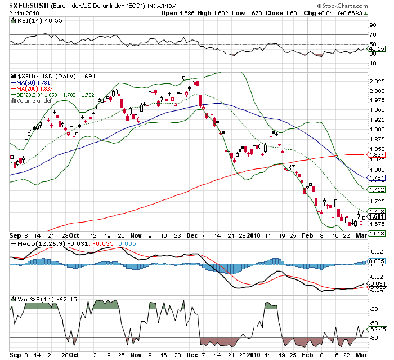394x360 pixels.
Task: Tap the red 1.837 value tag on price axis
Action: coord(376,154)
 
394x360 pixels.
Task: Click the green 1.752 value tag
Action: coord(376,189)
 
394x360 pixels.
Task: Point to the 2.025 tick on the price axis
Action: coord(376,82)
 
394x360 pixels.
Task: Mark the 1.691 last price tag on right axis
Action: coord(376,216)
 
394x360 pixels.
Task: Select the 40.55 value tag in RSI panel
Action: coord(377,49)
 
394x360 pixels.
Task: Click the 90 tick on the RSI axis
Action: coord(373,25)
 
